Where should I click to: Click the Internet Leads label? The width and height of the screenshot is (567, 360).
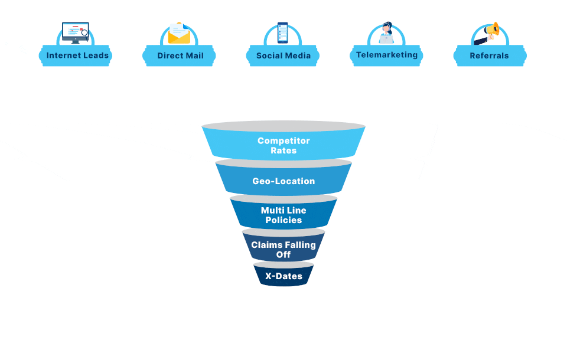click(x=77, y=55)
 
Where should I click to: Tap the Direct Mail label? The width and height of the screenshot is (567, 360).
click(x=180, y=55)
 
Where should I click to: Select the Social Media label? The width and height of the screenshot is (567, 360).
click(x=283, y=55)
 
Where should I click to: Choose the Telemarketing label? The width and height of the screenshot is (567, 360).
click(x=386, y=55)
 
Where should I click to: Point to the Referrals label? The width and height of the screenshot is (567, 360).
click(x=489, y=55)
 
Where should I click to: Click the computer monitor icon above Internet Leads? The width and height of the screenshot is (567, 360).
click(x=75, y=32)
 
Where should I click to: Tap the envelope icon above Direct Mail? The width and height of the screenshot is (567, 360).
click(x=179, y=34)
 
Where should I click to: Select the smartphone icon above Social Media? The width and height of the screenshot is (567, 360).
click(x=283, y=33)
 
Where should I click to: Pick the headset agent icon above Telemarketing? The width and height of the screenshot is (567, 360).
click(x=386, y=33)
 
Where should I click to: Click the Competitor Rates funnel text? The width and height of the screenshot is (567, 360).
click(x=283, y=145)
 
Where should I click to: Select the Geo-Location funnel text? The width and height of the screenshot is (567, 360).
click(x=283, y=181)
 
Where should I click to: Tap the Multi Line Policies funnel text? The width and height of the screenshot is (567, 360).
click(x=283, y=215)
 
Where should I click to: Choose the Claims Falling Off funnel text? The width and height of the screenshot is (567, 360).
click(x=283, y=249)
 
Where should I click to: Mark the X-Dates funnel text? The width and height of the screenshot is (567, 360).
click(x=283, y=276)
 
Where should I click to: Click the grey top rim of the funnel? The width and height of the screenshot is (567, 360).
click(x=283, y=126)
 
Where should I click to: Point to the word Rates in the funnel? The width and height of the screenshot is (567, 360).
click(x=283, y=150)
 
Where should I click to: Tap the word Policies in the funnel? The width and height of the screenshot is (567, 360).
click(x=283, y=220)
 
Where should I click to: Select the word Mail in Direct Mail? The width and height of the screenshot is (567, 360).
click(x=194, y=55)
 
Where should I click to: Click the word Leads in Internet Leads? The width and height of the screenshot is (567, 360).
click(x=96, y=55)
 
